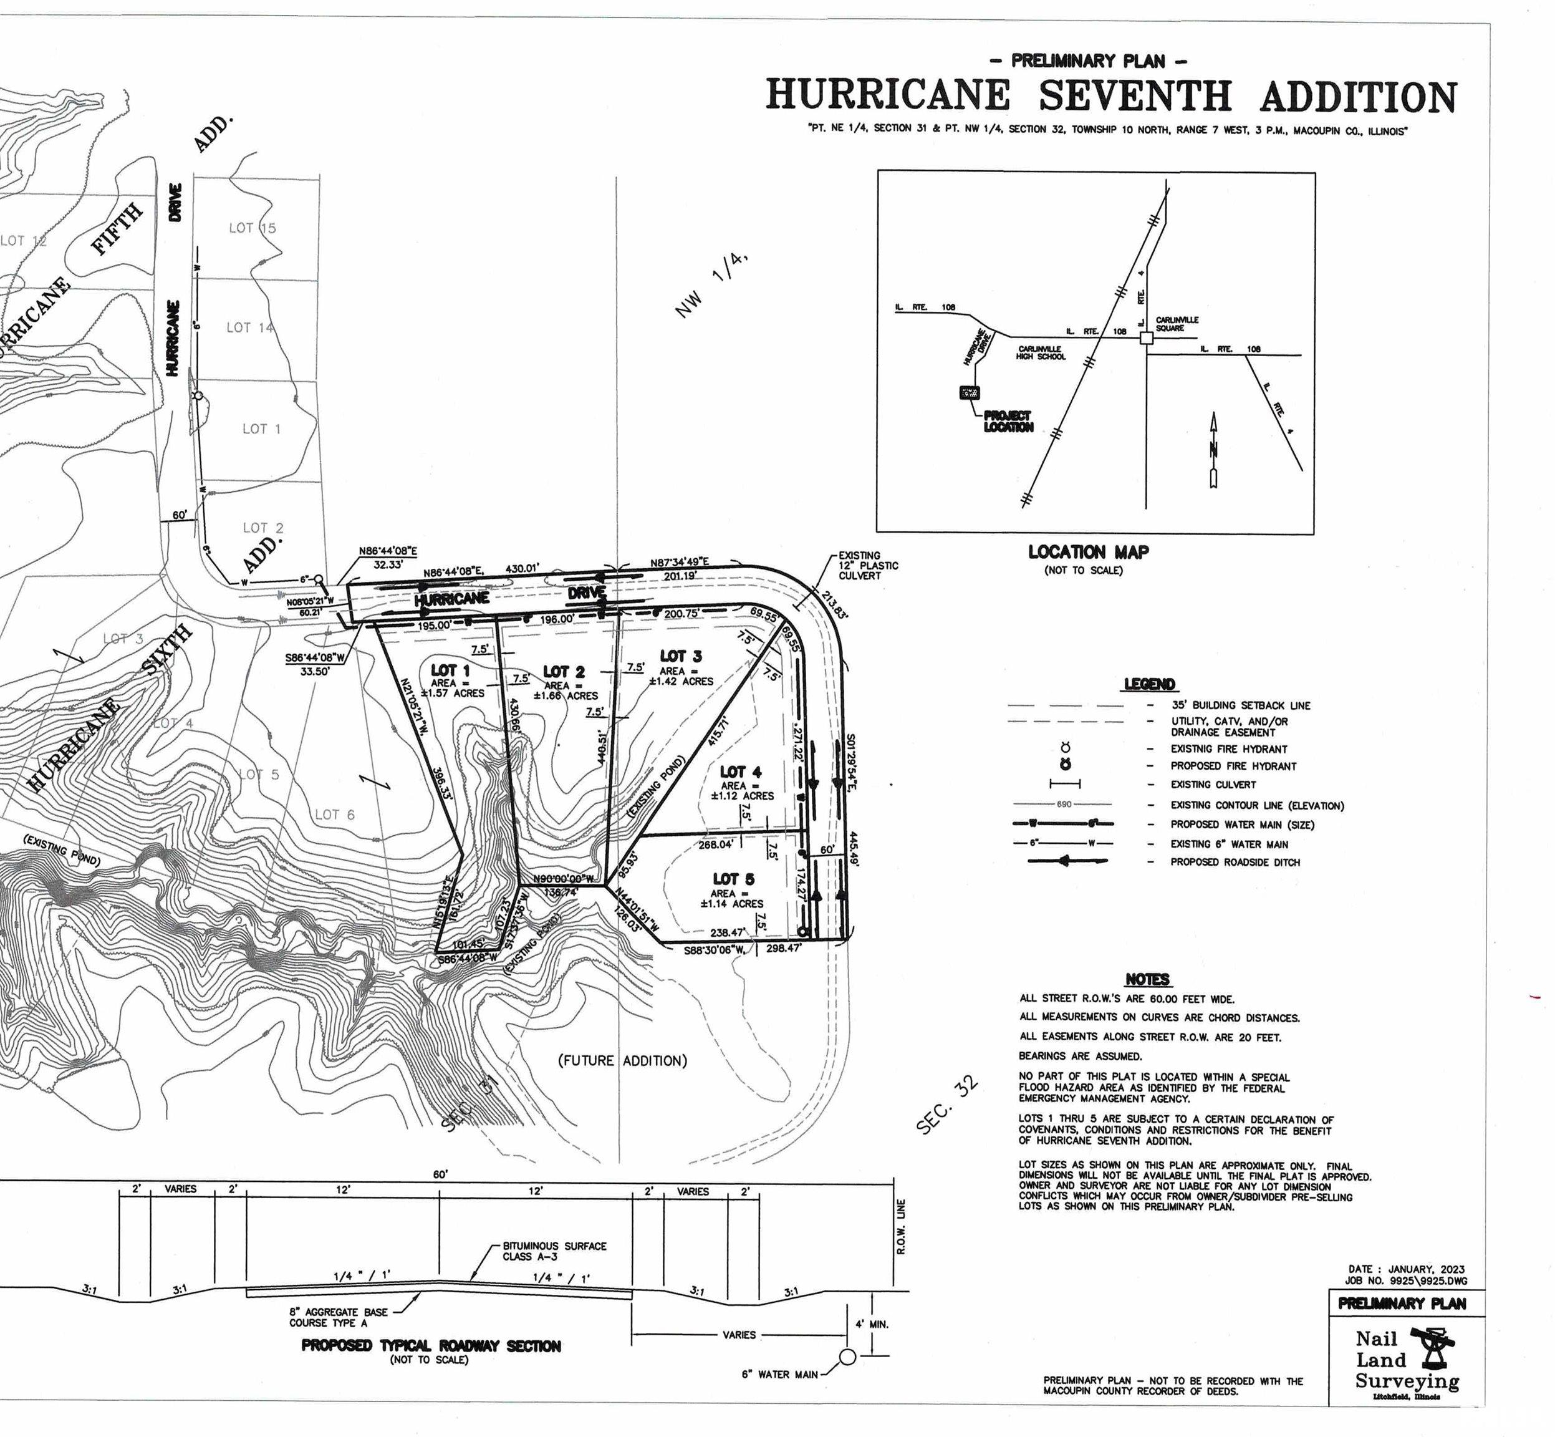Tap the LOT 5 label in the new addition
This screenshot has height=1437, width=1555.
733,879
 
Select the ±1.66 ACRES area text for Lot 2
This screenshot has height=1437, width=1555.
566,695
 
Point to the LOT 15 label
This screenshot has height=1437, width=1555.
252,228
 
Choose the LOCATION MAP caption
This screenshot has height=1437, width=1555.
1088,552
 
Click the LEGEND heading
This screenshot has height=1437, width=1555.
1149,684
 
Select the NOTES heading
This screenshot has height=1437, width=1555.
1147,980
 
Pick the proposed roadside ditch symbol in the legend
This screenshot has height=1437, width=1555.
1069,861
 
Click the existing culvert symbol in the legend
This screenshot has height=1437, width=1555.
1065,785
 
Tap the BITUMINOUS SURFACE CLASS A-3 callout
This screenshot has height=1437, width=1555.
554,1251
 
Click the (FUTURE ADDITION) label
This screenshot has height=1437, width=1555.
623,1061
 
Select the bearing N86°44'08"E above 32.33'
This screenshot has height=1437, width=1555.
388,551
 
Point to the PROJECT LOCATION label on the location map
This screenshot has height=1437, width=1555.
1008,422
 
